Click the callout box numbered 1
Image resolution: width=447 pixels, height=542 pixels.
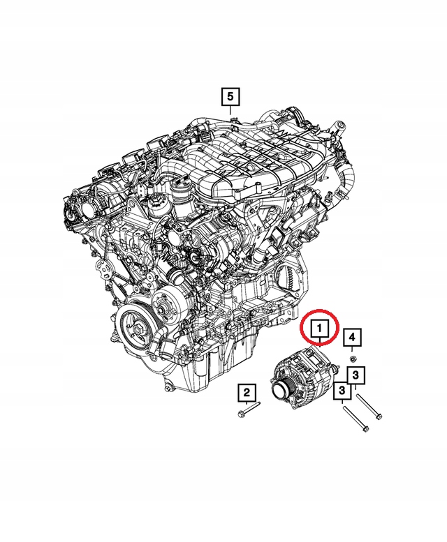point(318,327)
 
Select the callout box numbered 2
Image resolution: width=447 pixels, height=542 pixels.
point(246,394)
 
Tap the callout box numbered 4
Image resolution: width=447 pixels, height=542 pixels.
point(353,338)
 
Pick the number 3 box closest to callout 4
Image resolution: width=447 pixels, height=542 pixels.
point(356,376)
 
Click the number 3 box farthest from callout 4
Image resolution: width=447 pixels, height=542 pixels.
point(342,391)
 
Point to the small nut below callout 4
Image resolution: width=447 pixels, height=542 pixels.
point(353,360)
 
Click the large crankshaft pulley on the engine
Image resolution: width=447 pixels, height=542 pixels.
point(135,327)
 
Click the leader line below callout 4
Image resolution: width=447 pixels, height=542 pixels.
point(353,351)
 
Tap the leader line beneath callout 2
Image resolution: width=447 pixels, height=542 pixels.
point(246,405)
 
